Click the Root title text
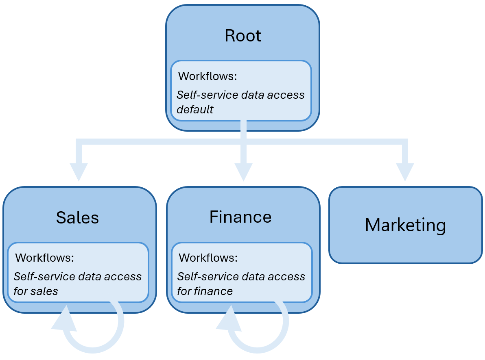(243, 36)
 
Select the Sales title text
(77, 218)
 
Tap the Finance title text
(240, 217)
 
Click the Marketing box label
(405, 225)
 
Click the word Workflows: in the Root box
(208, 76)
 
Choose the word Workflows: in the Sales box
(44, 258)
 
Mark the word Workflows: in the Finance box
(208, 258)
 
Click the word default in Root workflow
(195, 110)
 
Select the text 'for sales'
(36, 291)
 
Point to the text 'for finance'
(205, 291)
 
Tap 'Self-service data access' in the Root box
(240, 95)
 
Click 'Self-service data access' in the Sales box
(78, 277)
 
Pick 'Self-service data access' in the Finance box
(241, 277)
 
